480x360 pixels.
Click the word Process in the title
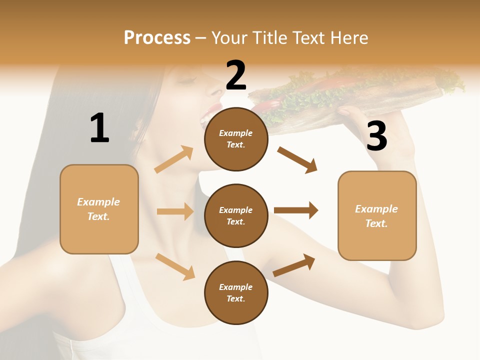click(157, 38)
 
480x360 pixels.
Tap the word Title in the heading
click(270, 38)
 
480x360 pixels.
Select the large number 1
click(99, 128)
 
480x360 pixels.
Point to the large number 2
click(236, 75)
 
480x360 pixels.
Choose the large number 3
click(376, 136)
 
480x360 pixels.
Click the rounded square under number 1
click(99, 209)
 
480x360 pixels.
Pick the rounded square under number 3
click(377, 216)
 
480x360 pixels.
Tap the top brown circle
click(236, 139)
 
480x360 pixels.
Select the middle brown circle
click(236, 215)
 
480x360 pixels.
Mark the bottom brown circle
click(236, 292)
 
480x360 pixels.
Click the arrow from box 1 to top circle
click(174, 159)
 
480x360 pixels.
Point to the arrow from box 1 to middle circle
click(175, 211)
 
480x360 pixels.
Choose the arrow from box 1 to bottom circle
click(175, 266)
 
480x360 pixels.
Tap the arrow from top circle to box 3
click(297, 159)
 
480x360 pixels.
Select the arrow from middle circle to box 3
click(296, 210)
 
